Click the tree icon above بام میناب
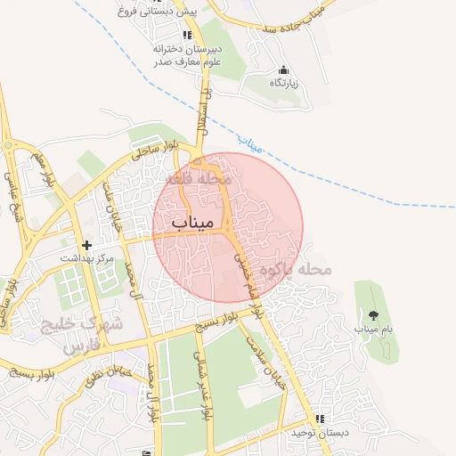371,315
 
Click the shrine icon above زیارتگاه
283,69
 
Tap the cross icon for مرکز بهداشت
86,245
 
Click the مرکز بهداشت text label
87,258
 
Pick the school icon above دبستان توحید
319,419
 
